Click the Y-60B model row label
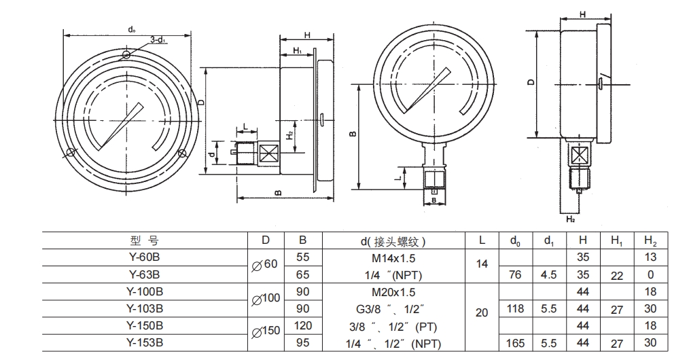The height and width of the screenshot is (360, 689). [144, 257]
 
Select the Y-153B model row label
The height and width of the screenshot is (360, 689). [144, 343]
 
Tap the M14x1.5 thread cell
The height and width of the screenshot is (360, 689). [393, 257]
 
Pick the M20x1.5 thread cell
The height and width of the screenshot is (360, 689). [393, 292]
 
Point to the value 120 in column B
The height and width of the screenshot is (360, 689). [303, 326]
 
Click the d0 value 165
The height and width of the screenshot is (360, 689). [516, 343]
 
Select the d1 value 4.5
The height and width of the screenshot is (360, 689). [548, 274]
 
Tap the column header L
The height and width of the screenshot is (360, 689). [482, 240]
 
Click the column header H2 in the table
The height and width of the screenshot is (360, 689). [650, 240]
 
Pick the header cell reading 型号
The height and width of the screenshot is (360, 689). [144, 240]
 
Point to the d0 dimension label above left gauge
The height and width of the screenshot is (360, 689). [130, 29]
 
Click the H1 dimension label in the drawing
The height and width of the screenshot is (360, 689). [298, 51]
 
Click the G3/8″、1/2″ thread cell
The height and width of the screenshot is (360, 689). [393, 309]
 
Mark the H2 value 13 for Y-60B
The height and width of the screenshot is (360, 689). [650, 257]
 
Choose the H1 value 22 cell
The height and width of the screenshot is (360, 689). [617, 274]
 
